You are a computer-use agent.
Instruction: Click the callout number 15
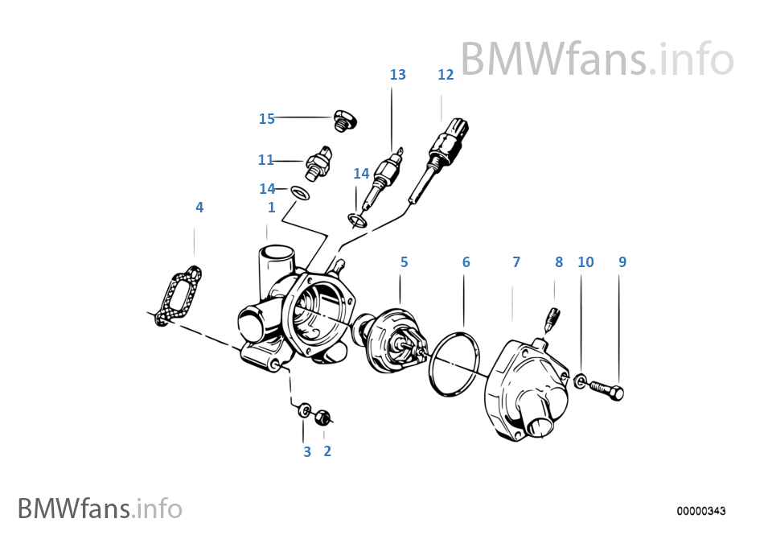pos(266,119)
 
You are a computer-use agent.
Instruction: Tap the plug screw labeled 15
pos(345,121)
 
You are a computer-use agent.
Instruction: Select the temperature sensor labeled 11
pos(318,162)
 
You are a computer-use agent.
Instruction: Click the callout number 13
pos(397,75)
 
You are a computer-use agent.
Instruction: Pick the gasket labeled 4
pos(179,295)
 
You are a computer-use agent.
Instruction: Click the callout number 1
pos(272,208)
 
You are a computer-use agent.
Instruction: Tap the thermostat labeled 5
pos(395,342)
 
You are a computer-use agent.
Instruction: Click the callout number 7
pos(515,262)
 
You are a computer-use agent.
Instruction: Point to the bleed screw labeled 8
pos(552,316)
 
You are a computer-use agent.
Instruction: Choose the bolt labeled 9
pos(606,391)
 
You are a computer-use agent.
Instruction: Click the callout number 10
pos(585,262)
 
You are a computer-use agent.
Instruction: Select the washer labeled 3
pos(305,411)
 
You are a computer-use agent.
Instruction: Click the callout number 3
pos(306,452)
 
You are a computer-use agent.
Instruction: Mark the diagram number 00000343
pos(701,511)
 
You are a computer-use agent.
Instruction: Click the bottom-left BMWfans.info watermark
pos(100,508)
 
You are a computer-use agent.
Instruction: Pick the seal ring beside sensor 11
pos(300,193)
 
